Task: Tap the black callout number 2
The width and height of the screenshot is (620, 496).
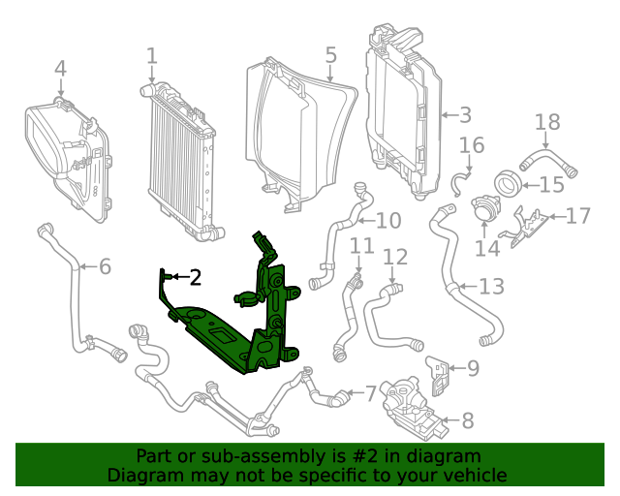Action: click(195, 278)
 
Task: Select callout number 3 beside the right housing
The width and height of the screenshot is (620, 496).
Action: click(465, 115)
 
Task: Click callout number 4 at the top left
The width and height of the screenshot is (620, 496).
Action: click(60, 69)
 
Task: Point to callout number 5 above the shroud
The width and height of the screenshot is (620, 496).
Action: click(330, 55)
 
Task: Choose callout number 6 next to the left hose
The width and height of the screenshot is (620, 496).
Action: click(105, 266)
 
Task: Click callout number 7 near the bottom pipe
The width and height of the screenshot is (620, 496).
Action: click(370, 394)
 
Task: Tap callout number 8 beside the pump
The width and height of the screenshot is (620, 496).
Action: click(468, 420)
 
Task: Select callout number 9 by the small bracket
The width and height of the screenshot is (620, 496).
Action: click(473, 368)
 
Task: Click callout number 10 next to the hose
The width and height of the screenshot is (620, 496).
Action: click(387, 221)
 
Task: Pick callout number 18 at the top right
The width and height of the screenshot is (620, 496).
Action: click(548, 122)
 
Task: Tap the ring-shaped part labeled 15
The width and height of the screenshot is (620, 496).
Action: click(507, 182)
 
